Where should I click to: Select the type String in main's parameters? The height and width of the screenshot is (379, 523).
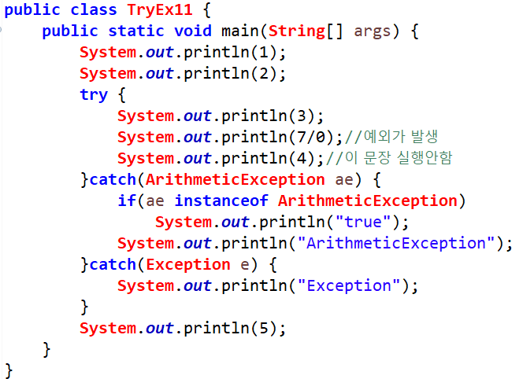click(x=296, y=31)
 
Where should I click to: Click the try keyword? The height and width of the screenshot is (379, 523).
click(x=94, y=95)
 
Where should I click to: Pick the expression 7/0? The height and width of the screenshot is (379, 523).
click(x=309, y=138)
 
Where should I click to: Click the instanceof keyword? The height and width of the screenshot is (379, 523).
click(x=222, y=201)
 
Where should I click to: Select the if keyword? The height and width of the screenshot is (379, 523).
click(x=127, y=201)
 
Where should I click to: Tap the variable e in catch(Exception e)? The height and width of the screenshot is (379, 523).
click(x=243, y=265)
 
